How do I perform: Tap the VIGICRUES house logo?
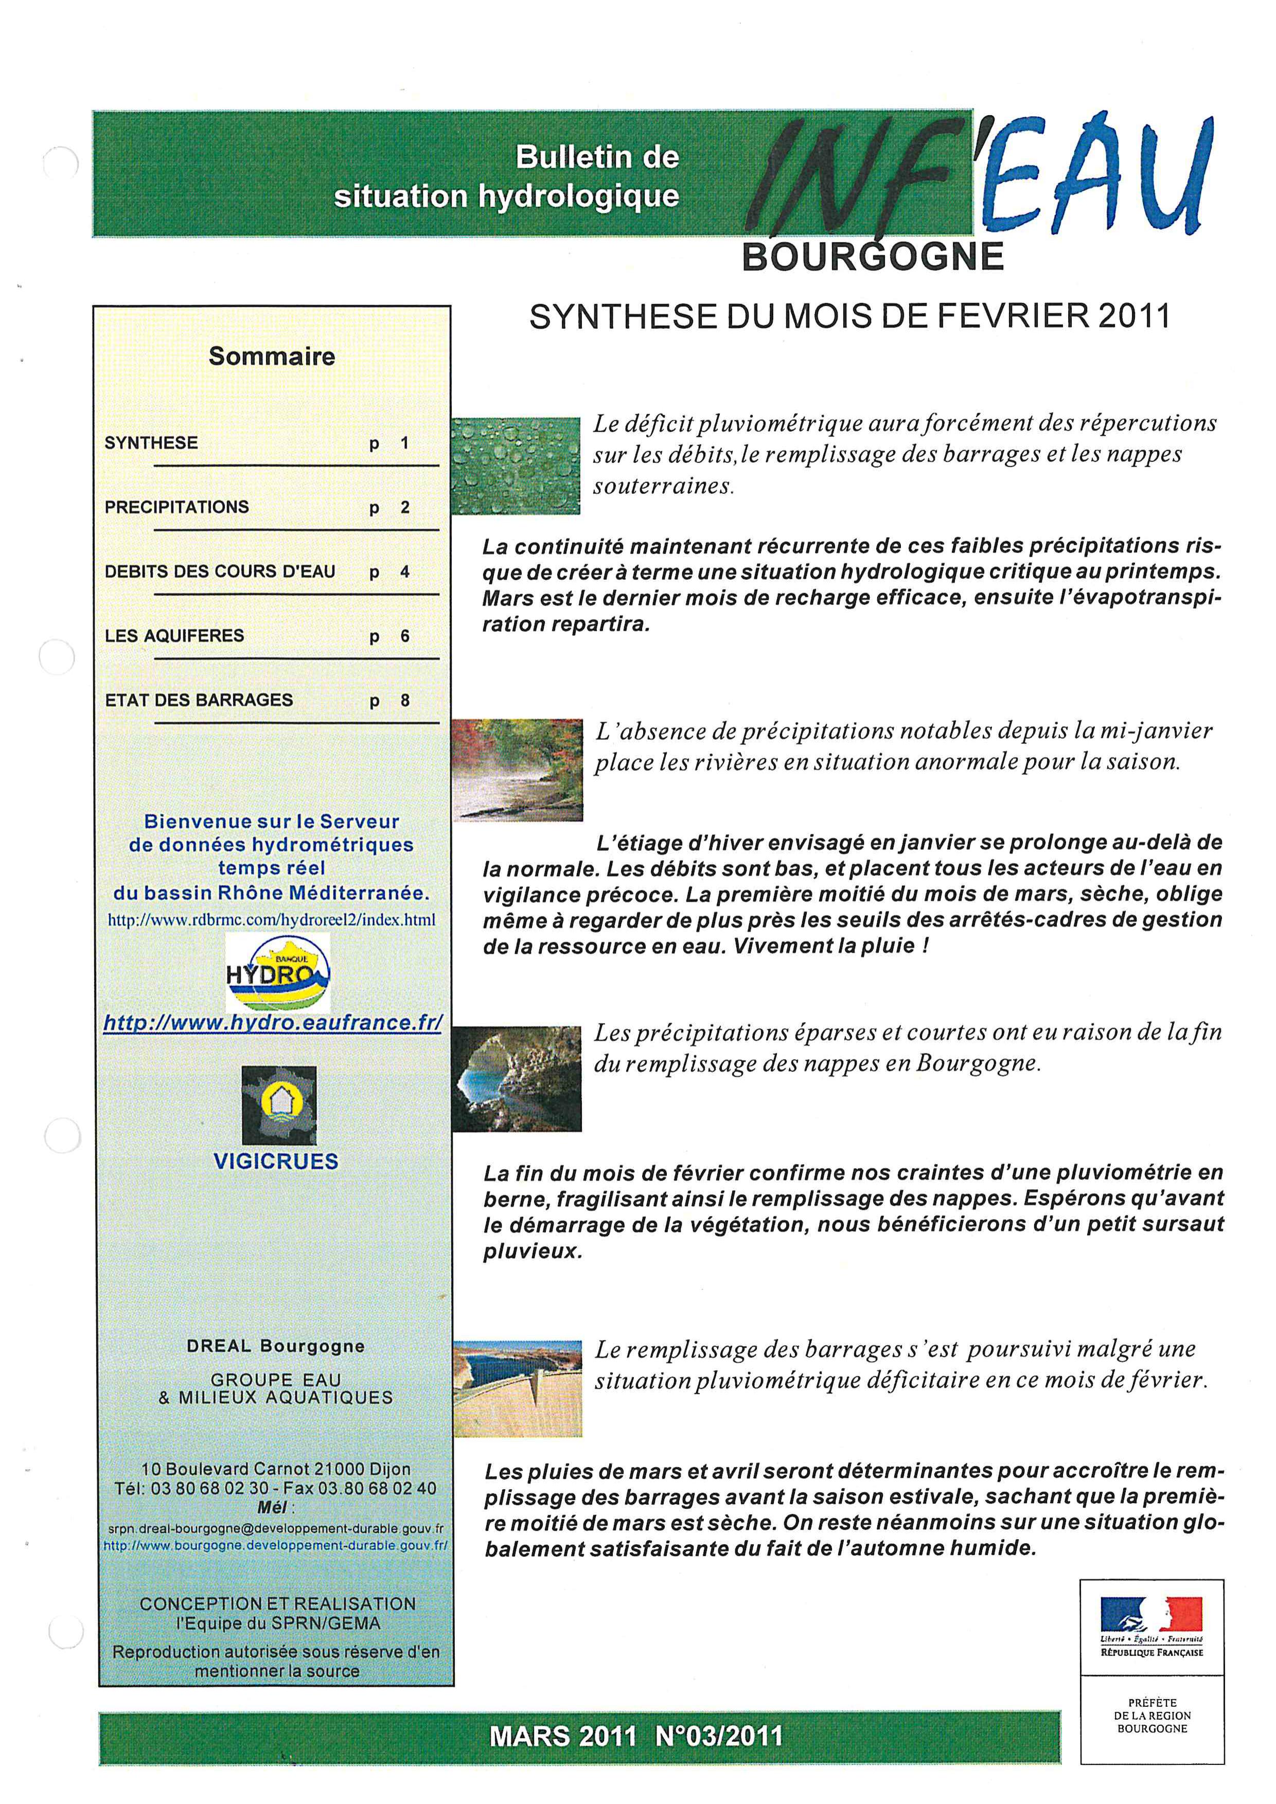click(279, 1105)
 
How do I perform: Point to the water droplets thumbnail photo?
click(516, 466)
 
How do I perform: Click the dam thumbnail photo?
click(517, 1388)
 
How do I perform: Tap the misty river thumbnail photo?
click(517, 770)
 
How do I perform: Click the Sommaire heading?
click(272, 356)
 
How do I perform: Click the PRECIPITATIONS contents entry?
click(177, 507)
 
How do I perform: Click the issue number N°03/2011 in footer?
click(718, 1735)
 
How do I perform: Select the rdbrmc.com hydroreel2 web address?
click(272, 919)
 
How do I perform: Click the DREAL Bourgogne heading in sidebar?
click(276, 1346)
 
